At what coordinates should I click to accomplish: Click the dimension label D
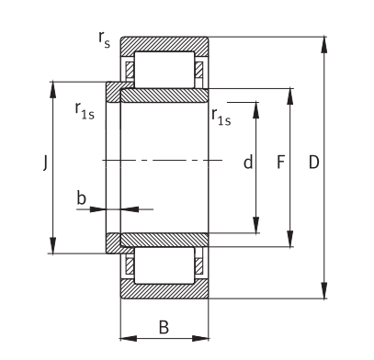[313, 163]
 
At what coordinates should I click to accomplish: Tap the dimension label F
[281, 163]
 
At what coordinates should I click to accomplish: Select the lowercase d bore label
[248, 162]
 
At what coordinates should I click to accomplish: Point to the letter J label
[45, 163]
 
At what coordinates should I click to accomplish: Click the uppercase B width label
[164, 327]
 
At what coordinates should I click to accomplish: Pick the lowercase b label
[81, 197]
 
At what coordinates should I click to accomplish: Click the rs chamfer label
[104, 40]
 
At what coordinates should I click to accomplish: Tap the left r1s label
[85, 111]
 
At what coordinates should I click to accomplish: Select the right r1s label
[221, 117]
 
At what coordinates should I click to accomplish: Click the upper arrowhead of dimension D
[324, 45]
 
